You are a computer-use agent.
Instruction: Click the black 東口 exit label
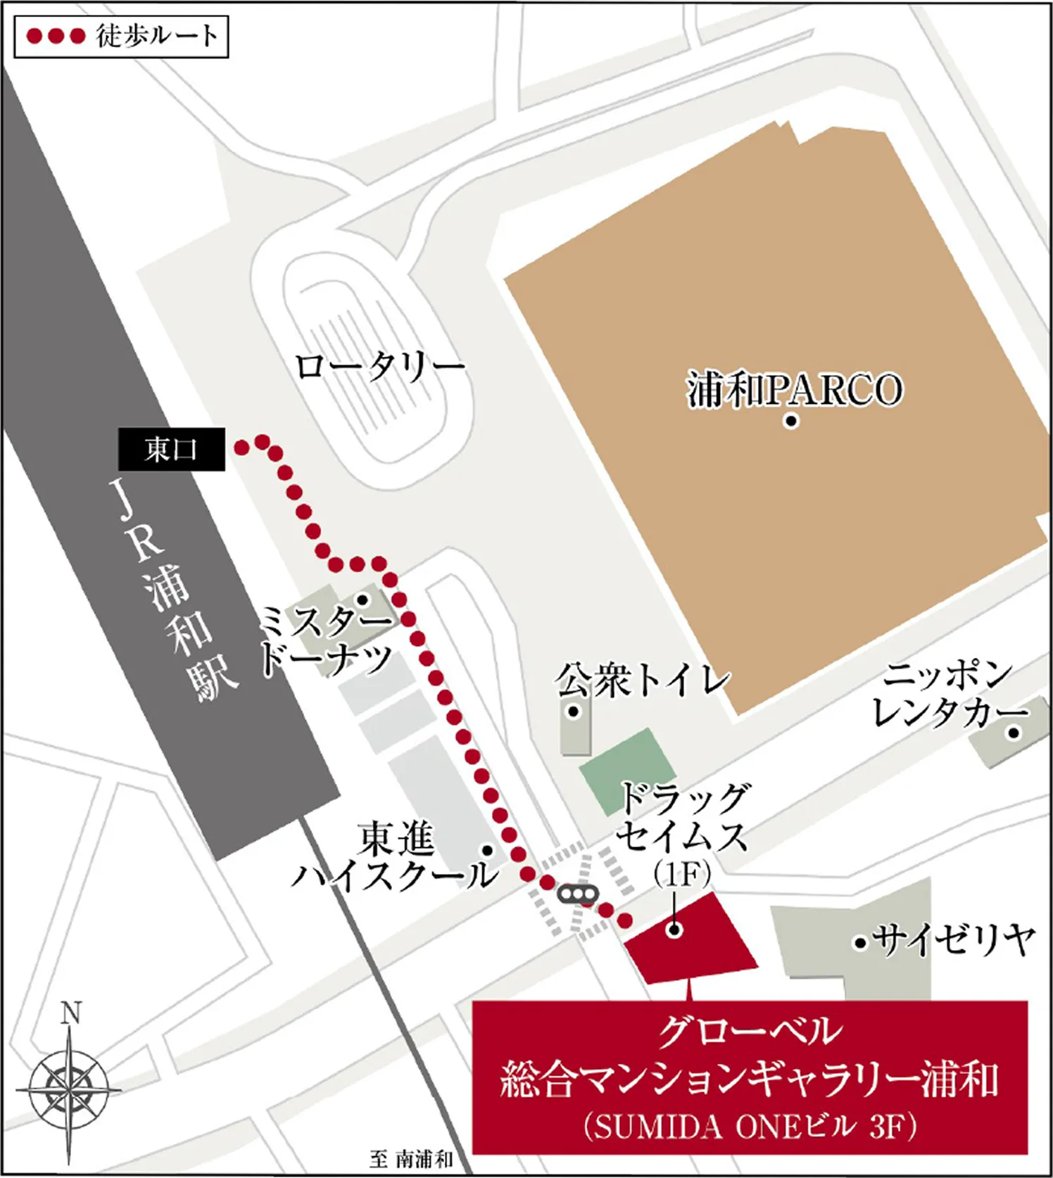tap(171, 449)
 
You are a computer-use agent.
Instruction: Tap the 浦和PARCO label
tap(794, 390)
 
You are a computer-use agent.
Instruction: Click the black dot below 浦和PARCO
tap(791, 422)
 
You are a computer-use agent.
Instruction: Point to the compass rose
tap(68, 1091)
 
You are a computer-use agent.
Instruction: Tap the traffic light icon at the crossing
tap(577, 894)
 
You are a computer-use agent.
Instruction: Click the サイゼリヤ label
tap(954, 939)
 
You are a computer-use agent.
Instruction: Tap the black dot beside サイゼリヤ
tap(859, 942)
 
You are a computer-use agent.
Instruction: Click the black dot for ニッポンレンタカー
tap(1014, 733)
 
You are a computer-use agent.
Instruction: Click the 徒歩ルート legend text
tap(157, 36)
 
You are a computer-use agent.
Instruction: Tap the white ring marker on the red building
tap(674, 930)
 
